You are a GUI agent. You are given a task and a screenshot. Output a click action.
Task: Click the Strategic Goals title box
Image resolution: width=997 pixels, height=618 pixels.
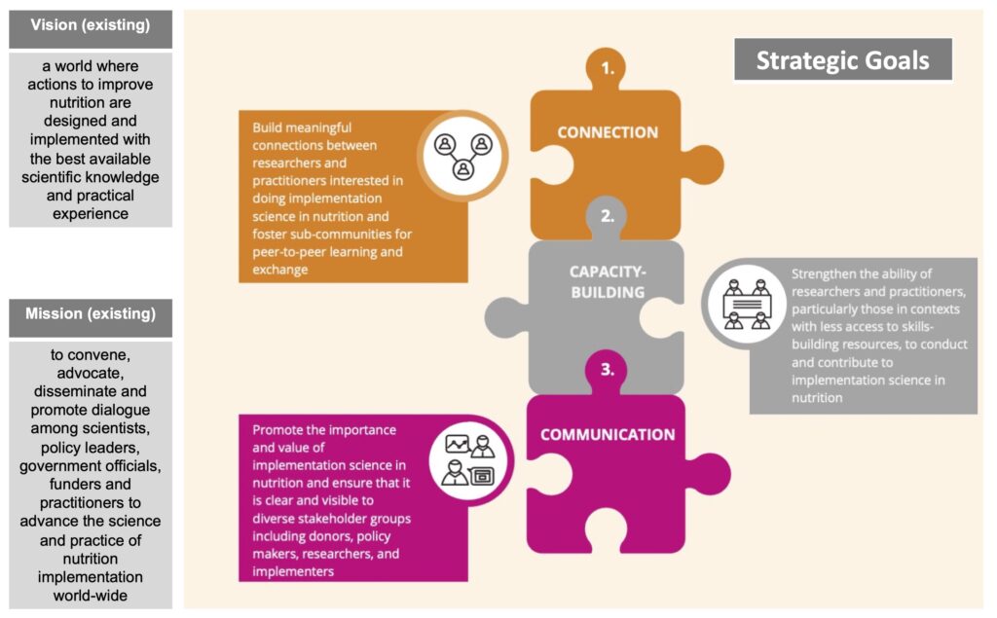tap(843, 59)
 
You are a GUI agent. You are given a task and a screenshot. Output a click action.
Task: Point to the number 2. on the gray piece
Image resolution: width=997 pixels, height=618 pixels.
tap(608, 216)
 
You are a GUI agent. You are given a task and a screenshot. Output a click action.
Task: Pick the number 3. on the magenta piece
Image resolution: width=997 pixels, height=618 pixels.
tap(608, 370)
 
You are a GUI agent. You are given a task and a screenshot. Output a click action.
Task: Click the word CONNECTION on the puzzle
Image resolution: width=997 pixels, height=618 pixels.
tap(608, 132)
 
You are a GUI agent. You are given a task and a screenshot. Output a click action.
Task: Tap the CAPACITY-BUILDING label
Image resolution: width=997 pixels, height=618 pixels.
tap(608, 281)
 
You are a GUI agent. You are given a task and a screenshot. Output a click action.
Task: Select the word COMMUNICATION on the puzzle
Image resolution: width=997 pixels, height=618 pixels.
tap(608, 435)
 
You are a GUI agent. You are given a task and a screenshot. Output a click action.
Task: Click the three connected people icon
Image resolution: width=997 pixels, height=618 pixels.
tap(463, 156)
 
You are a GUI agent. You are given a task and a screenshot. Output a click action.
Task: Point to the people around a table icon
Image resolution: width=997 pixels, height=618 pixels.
tap(747, 304)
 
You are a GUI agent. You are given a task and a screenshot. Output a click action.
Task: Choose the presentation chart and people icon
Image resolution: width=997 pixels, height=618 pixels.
tap(470, 459)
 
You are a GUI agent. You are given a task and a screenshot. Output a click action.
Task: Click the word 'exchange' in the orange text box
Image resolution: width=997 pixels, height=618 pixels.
tap(279, 270)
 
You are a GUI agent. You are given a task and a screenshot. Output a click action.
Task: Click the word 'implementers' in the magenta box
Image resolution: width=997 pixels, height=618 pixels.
tap(293, 571)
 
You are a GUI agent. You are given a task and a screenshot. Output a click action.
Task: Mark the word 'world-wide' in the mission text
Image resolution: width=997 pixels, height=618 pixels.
tap(91, 596)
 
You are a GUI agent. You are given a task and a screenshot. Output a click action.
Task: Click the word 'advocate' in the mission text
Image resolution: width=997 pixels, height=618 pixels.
tap(89, 373)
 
